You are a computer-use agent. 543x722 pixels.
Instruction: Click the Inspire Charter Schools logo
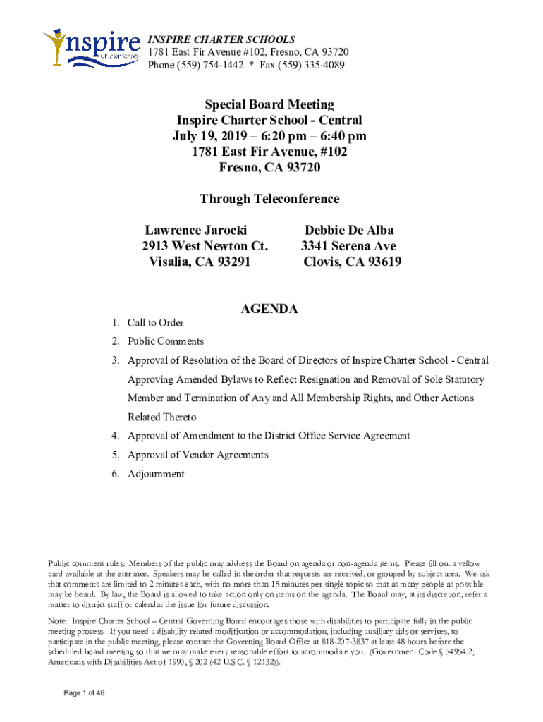91,48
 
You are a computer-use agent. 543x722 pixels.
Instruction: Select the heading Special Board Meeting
270,105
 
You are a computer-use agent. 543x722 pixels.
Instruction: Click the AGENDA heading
269,309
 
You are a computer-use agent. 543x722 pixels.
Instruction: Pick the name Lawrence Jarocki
196,231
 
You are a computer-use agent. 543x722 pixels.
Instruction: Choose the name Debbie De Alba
349,231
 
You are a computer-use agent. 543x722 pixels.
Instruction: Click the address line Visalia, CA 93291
200,262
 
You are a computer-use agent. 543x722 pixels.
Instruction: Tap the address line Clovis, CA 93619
352,262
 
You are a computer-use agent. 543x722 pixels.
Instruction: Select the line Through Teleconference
269,199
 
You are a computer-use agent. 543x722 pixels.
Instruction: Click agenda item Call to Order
155,323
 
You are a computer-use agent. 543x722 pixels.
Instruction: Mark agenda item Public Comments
166,342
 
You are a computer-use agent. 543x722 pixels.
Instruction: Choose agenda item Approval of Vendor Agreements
197,455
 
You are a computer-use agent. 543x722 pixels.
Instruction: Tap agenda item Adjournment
156,474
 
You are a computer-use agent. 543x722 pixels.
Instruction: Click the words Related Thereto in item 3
161,417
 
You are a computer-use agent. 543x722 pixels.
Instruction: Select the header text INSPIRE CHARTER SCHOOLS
221,39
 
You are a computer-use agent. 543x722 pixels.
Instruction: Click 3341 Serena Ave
348,247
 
